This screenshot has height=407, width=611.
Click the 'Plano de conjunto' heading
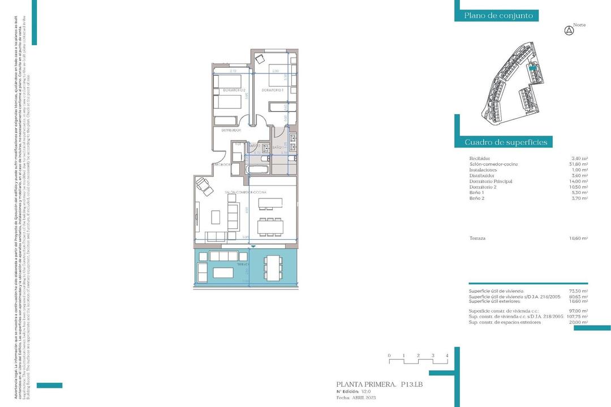coord(498,16)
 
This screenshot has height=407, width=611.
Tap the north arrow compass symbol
coord(569,31)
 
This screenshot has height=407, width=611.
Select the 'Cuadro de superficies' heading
coord(506,142)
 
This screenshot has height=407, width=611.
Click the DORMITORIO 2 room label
coord(233,90)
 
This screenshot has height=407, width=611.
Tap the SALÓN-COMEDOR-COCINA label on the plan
coord(246,193)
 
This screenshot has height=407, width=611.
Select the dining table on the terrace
coord(273,266)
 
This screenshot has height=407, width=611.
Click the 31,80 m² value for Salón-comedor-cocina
coord(579,164)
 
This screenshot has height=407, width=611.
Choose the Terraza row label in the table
coord(477,239)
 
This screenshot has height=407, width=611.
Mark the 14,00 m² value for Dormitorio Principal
coord(579,181)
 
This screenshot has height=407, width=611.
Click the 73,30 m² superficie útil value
coord(579,291)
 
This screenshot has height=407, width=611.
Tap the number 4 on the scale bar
coord(447,356)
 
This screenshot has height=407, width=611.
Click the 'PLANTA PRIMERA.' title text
coord(365,384)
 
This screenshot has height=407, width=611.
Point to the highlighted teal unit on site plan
coord(532,66)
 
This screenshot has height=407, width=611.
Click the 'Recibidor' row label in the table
coord(480,158)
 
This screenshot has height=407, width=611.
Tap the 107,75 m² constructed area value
coord(578,317)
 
